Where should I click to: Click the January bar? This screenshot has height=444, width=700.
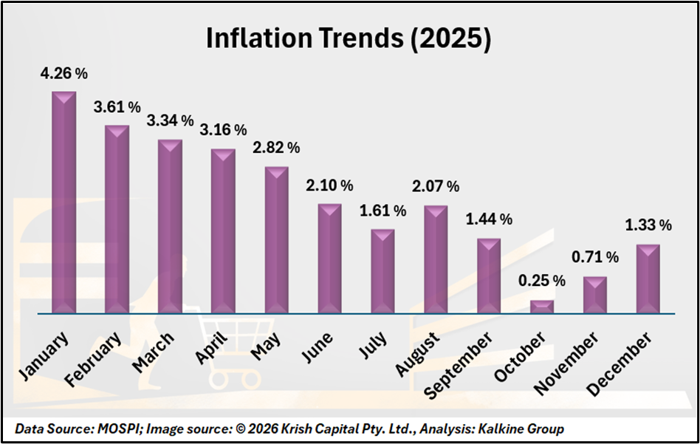(x=64, y=203)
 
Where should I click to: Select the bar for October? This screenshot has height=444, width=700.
(x=542, y=307)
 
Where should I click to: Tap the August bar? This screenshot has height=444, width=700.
(x=436, y=259)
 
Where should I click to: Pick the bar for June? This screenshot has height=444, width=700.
(x=329, y=259)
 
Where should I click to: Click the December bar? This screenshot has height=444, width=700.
(x=648, y=279)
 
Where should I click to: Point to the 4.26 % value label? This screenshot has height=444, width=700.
(x=65, y=74)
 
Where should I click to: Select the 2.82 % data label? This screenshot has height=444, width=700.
(x=277, y=148)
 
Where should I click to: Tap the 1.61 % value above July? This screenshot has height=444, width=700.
(x=383, y=211)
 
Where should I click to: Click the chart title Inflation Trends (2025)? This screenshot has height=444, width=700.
(x=348, y=39)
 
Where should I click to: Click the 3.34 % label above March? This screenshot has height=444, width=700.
(x=171, y=120)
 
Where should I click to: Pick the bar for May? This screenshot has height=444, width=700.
(x=276, y=240)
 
